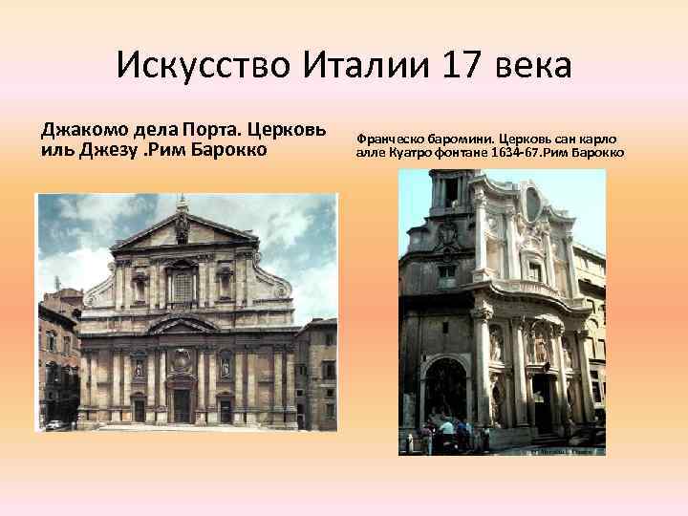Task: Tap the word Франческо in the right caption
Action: coord(394,138)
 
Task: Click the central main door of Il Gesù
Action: coord(182,404)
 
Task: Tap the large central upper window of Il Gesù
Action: coord(182,285)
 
